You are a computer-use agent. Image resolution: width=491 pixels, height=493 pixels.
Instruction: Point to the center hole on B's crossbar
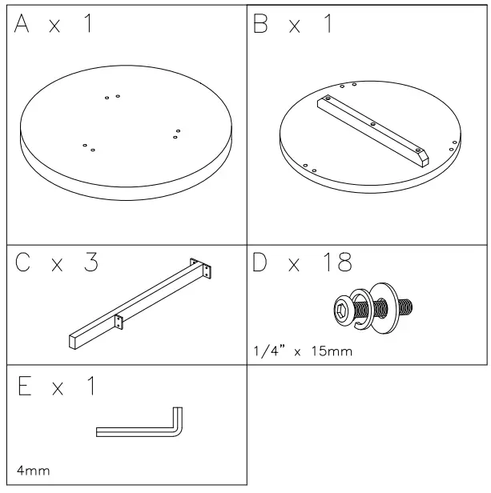[372, 123]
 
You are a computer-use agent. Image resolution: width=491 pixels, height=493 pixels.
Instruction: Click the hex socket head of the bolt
[342, 308]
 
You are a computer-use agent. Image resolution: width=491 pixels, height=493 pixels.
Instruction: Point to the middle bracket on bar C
[119, 321]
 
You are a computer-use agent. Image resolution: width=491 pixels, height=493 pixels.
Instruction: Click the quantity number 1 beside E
[90, 387]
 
